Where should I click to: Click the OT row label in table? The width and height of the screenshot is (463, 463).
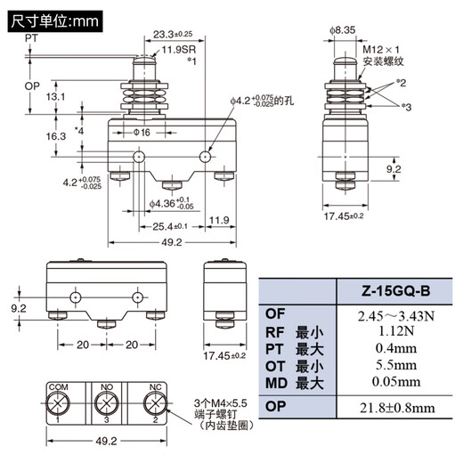276,366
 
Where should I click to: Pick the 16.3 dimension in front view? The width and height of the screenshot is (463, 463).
56,136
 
